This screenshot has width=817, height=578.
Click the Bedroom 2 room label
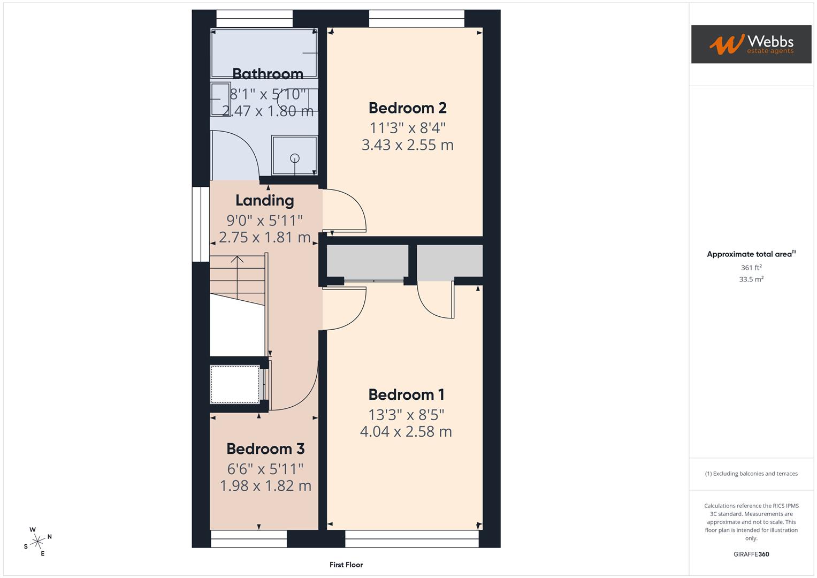[407, 108]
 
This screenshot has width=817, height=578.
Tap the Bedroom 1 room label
[406, 395]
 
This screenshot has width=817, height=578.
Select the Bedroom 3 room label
[265, 448]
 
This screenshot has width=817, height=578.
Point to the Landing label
[265, 201]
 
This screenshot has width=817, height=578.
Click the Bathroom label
[268, 74]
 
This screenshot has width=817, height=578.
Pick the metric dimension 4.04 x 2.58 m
[406, 431]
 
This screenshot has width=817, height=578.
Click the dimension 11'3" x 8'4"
[407, 128]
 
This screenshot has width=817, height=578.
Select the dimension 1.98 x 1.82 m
[265, 486]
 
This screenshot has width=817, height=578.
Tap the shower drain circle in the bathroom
[294, 158]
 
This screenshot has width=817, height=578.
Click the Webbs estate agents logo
[751, 44]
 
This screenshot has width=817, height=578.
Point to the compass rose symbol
[37, 542]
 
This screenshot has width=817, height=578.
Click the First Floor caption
[346, 565]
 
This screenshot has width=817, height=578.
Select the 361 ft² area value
[751, 268]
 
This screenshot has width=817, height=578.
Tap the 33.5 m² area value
[751, 279]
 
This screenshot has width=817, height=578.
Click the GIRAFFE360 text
[751, 554]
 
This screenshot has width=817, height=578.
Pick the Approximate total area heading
[750, 254]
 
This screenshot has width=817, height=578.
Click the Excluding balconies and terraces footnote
[751, 474]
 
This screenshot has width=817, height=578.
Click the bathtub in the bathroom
[264, 54]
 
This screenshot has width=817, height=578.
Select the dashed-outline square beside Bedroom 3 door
[234, 384]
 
